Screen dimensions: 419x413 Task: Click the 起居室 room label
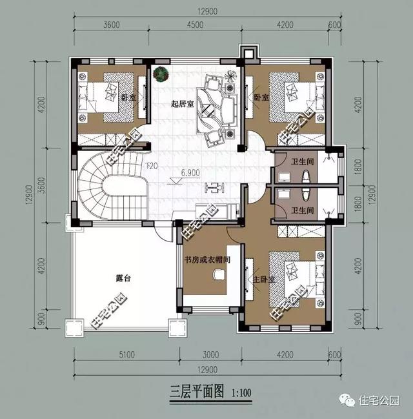click(183, 103)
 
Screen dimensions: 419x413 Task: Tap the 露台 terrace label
click(123, 279)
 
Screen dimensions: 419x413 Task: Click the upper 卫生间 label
click(301, 162)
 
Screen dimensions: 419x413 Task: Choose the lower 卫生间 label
click(301, 210)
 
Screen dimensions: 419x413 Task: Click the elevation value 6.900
click(191, 173)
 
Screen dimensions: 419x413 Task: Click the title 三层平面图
click(195, 393)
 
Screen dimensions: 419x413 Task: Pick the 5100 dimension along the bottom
click(126, 354)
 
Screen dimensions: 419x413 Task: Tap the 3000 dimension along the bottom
click(210, 354)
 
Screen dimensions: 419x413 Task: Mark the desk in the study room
click(217, 275)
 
